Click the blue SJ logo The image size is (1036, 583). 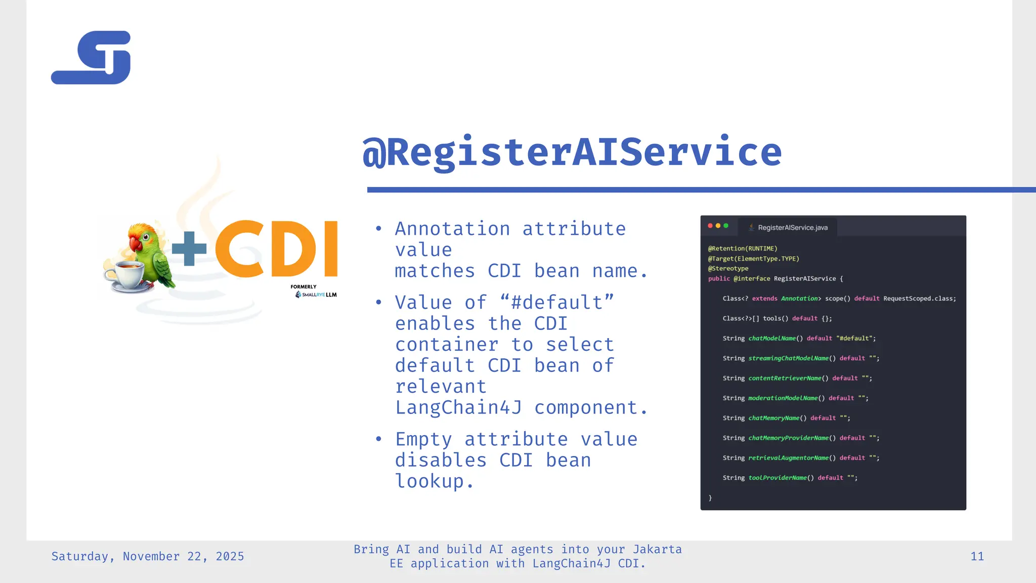tap(91, 58)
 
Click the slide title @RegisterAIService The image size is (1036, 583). tap(572, 152)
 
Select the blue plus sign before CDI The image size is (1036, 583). tap(189, 248)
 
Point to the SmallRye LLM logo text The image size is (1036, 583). tap(319, 295)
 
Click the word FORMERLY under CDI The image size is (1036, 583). tap(304, 287)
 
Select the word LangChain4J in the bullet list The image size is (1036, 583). tap(458, 407)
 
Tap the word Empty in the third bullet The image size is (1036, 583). tap(423, 439)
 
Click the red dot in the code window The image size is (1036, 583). tap(710, 226)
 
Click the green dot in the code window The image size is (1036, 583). tap(726, 226)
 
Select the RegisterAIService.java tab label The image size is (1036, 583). tap(792, 228)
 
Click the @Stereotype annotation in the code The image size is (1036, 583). tap(728, 269)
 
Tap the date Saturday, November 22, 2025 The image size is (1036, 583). tap(148, 556)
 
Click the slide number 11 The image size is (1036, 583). tap(977, 556)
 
